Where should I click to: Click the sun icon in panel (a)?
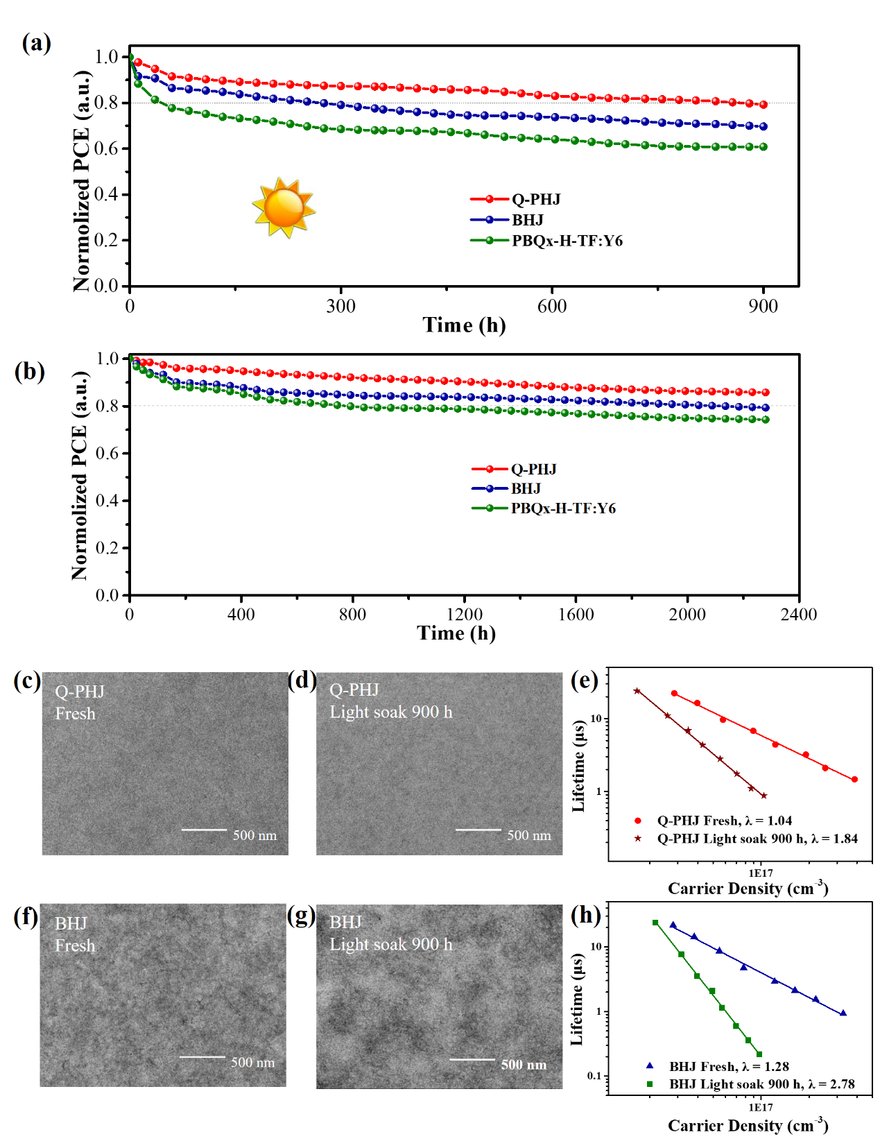pyautogui.click(x=283, y=207)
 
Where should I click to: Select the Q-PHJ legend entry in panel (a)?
pyautogui.click(x=535, y=200)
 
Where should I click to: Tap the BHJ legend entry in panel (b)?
pyautogui.click(x=525, y=489)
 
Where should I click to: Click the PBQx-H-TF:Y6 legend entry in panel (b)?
pyautogui.click(x=562, y=508)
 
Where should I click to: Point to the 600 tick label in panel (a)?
pyautogui.click(x=552, y=306)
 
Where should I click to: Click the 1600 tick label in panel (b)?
pyautogui.click(x=576, y=615)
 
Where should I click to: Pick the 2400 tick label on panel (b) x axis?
pyautogui.click(x=799, y=615)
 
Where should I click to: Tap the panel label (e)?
pyautogui.click(x=585, y=680)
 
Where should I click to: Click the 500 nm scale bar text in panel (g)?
pyautogui.click(x=524, y=1065)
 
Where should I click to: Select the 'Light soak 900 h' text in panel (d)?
pyautogui.click(x=390, y=712)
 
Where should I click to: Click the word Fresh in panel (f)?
pyautogui.click(x=75, y=946)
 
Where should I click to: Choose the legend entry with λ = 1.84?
pyautogui.click(x=757, y=839)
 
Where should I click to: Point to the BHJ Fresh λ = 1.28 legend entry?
pyautogui.click(x=728, y=1067)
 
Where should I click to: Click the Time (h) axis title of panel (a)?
pyautogui.click(x=464, y=325)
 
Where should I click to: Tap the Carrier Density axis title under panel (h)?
pyautogui.click(x=748, y=1125)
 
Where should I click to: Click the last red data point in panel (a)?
pyautogui.click(x=763, y=105)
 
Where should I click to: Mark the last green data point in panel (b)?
pyautogui.click(x=766, y=420)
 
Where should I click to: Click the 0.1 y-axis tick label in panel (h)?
pyautogui.click(x=594, y=1076)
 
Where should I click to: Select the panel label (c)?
pyautogui.click(x=27, y=680)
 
